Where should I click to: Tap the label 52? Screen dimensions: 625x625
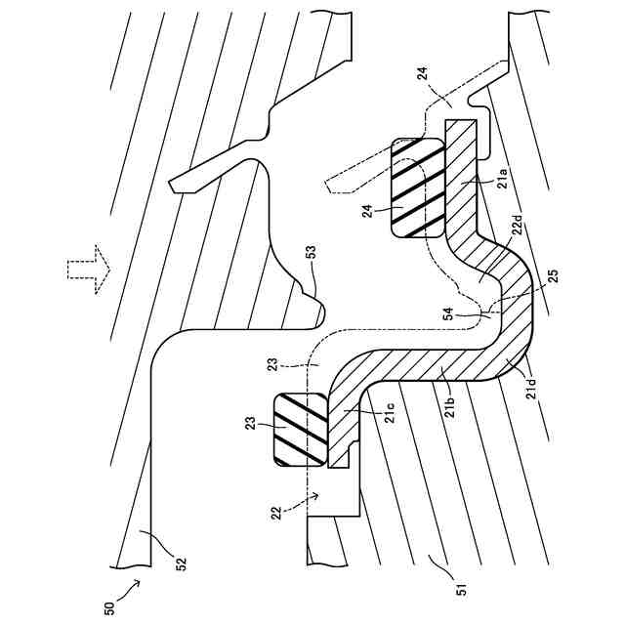180,562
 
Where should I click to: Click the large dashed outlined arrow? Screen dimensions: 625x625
87,266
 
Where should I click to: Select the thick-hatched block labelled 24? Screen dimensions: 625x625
416,187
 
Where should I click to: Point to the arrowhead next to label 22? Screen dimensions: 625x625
313,496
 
